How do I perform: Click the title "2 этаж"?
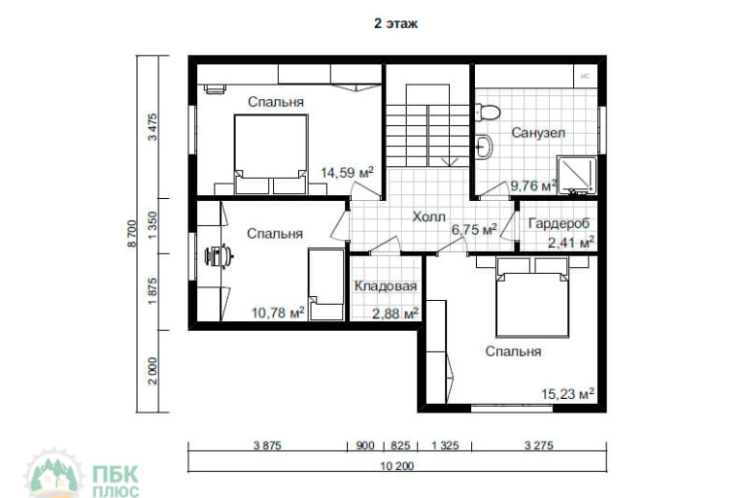395,23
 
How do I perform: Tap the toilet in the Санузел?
488,113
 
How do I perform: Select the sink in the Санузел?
484,147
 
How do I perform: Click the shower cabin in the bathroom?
577,175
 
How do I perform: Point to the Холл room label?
428,216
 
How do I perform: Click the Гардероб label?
559,223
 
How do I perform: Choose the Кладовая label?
386,286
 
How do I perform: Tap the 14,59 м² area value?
347,172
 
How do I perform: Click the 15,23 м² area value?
567,394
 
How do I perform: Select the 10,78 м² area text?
278,313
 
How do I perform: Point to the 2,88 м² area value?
395,314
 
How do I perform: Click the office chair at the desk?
218,256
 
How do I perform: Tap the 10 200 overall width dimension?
397,466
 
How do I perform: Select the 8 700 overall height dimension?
132,234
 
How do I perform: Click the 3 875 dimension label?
267,446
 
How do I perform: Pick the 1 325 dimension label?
445,446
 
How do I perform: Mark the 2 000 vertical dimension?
153,371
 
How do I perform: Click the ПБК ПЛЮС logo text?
115,481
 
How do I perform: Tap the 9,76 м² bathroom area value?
533,185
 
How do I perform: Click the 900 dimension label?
365,446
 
